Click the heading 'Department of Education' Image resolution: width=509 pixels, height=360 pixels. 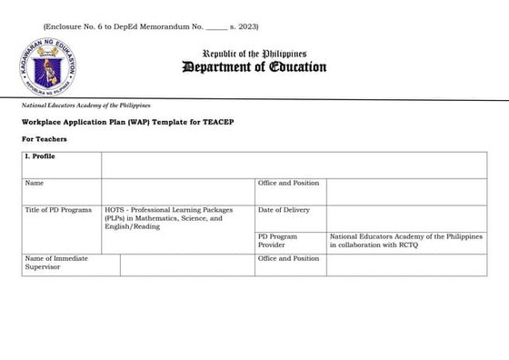(254, 67)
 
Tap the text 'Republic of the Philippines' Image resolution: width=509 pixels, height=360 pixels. (254, 53)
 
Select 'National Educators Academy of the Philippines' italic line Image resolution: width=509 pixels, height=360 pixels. (85, 106)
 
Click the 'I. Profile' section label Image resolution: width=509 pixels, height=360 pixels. (39, 156)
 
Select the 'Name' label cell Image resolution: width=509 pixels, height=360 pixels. (35, 183)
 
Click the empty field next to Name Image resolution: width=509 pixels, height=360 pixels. (178, 191)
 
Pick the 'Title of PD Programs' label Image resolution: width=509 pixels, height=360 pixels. (59, 210)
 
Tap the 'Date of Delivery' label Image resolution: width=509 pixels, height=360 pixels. (284, 210)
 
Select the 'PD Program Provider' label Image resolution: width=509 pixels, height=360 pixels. (278, 240)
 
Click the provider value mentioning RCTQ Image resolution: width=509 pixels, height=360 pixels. (396, 240)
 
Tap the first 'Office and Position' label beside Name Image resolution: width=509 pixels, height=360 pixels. (288, 183)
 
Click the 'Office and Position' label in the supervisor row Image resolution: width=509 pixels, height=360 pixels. (288, 259)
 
